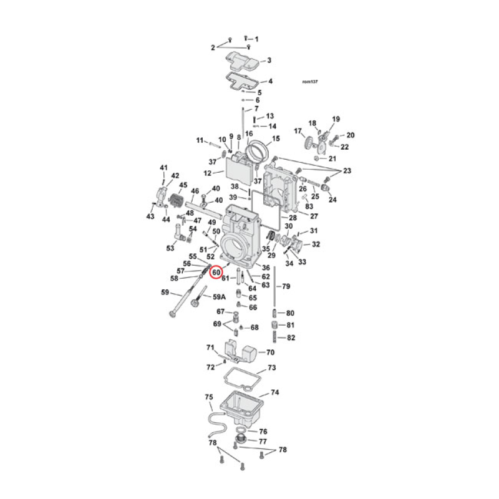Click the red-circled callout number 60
pyautogui.click(x=216, y=273)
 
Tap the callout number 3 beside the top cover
pyautogui.click(x=269, y=61)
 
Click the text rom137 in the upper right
pyautogui.click(x=309, y=82)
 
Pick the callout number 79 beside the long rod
pyautogui.click(x=286, y=286)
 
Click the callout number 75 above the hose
pyautogui.click(x=208, y=397)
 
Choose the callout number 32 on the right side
pyautogui.click(x=316, y=244)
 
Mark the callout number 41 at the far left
pyautogui.click(x=164, y=168)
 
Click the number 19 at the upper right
pyautogui.click(x=336, y=119)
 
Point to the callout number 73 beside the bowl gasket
pyautogui.click(x=271, y=369)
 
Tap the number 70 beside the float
pyautogui.click(x=270, y=352)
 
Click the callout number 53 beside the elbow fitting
pyautogui.click(x=170, y=248)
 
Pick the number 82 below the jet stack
pyautogui.click(x=290, y=337)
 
